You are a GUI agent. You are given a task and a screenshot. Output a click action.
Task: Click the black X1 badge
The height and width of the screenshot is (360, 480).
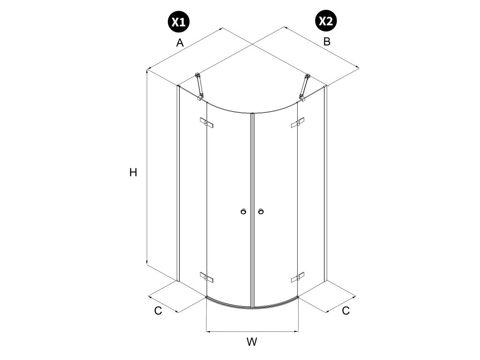click(x=179, y=22)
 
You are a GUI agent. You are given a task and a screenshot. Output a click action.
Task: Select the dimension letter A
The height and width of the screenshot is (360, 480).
click(x=180, y=43)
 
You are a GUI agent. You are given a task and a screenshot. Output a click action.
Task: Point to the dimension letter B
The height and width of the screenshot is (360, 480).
click(x=327, y=41)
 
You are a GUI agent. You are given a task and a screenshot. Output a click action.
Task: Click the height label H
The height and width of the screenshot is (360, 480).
click(x=133, y=172)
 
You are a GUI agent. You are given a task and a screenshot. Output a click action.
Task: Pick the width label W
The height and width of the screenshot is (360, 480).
click(x=252, y=342)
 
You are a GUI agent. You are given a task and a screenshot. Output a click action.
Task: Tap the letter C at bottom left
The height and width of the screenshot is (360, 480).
click(x=158, y=310)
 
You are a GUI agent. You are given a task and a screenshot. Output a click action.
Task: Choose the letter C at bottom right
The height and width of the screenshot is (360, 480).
click(x=345, y=310)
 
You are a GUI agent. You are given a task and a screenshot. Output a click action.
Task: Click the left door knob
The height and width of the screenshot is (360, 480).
click(x=243, y=212)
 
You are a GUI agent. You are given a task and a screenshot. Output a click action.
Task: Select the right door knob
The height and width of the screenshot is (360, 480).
click(x=261, y=212)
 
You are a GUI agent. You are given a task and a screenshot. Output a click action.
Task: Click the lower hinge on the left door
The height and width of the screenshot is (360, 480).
click(x=206, y=277)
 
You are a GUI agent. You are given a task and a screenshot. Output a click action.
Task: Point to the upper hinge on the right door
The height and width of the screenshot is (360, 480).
click(x=298, y=123)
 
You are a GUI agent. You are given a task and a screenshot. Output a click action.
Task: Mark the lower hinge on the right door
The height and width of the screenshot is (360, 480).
click(x=298, y=278)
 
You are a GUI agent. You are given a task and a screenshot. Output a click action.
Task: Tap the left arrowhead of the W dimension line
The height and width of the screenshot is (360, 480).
click(x=208, y=332)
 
